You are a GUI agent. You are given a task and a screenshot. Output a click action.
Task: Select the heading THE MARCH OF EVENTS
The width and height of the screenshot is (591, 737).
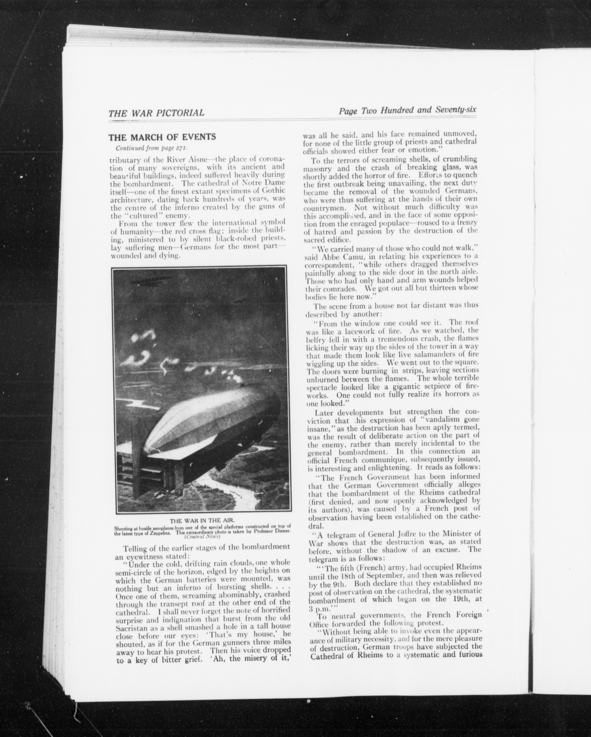pos(162,137)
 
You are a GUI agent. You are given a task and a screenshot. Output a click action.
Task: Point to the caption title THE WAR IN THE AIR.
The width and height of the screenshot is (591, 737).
pos(202,530)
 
